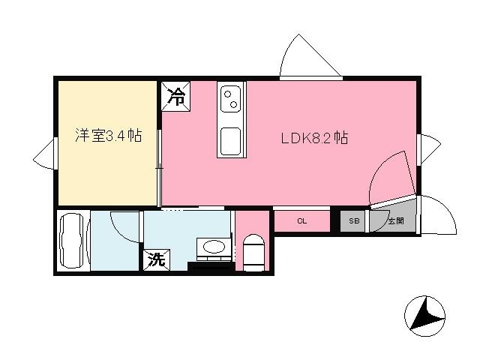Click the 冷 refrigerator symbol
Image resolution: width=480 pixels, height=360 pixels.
point(175,96)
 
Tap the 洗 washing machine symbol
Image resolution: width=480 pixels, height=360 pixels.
point(157,260)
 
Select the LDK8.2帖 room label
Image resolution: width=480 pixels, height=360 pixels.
point(314,138)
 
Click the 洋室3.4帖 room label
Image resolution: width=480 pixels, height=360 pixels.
point(108,135)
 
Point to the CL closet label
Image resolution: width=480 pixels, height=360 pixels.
point(301,221)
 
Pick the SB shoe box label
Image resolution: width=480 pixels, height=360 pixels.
point(354,220)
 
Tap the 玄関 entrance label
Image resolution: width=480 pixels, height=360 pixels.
point(396,220)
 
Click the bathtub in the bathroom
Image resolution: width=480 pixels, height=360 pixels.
point(72,241)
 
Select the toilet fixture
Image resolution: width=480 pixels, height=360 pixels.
point(253,253)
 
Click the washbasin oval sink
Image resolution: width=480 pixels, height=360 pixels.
point(214,247)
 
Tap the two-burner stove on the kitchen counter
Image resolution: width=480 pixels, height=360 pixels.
point(230,99)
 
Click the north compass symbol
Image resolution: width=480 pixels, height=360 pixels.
point(424,316)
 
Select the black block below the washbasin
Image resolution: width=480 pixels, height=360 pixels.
point(209,266)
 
